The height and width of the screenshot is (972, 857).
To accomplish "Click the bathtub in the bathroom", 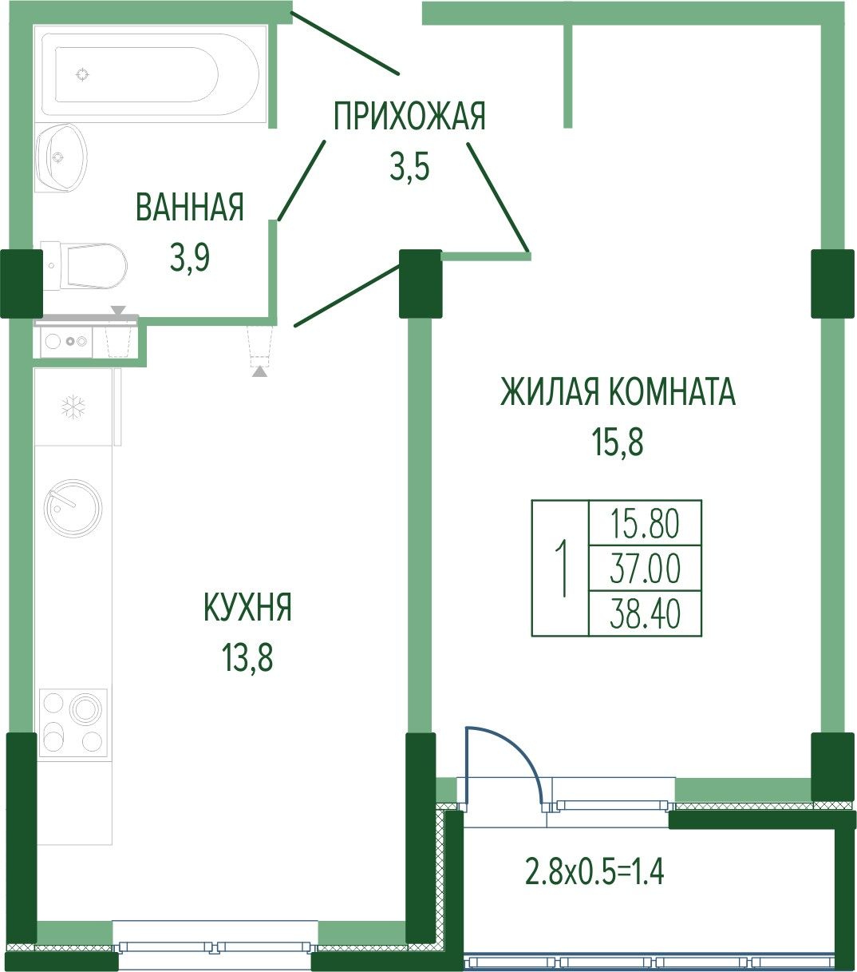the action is point(150,74).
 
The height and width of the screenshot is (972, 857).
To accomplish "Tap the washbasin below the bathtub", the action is point(61,158).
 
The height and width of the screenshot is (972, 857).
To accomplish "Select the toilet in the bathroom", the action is point(85,266).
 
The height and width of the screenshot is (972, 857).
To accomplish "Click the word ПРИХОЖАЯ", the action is point(410,116).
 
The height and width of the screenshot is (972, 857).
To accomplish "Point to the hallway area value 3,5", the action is point(409,168).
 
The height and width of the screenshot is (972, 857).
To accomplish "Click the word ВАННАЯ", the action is point(190,207).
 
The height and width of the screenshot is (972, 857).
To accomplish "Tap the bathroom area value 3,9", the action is point(190,259).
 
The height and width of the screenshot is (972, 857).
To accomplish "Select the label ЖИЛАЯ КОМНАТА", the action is point(618,392).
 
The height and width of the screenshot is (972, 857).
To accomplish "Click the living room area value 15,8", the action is point(618,442).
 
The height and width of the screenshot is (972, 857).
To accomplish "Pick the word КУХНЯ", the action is point(248,607).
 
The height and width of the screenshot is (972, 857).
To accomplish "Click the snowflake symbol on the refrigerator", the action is point(73,407).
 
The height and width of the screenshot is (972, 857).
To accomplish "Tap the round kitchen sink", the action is point(73,508).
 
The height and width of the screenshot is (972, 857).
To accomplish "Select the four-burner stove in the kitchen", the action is point(73,723).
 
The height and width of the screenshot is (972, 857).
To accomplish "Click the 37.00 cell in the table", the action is point(645,568).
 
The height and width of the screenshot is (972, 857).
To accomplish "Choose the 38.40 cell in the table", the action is point(645,613).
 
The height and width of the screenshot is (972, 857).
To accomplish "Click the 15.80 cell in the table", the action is point(645,523).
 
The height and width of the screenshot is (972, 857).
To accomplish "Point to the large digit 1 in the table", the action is point(561,568).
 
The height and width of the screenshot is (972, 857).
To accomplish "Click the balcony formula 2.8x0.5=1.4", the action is point(594,871).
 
